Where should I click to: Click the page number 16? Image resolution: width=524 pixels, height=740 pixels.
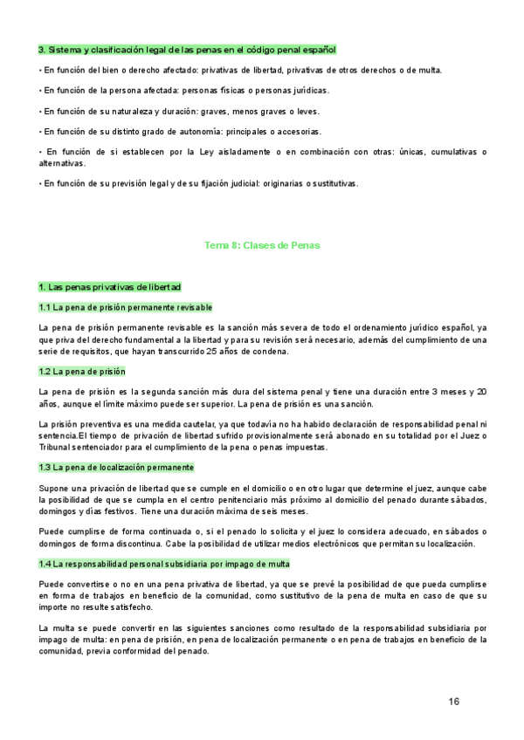point(453,701)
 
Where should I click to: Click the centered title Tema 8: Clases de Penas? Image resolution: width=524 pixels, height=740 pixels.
point(262,246)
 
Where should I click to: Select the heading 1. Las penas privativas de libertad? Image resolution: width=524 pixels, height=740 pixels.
point(110,287)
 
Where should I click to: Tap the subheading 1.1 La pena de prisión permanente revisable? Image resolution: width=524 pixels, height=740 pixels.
point(126,307)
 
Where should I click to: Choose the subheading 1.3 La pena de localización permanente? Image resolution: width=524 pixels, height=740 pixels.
point(116,467)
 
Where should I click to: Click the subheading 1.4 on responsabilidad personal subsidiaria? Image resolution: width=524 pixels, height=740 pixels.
point(139,540)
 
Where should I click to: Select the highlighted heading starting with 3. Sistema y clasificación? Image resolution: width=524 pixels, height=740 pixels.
point(187,50)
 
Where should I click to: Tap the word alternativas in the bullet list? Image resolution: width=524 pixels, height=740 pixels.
point(62,163)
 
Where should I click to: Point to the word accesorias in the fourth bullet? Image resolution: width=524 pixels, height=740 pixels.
point(299,132)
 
